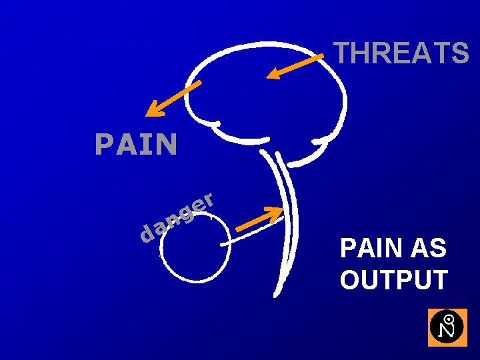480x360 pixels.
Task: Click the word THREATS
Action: click(x=401, y=53)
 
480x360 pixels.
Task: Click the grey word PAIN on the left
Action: click(x=136, y=144)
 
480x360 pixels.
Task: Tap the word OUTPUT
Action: click(x=393, y=280)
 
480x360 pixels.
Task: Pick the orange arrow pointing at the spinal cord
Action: click(x=261, y=219)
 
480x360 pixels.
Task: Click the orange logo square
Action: click(x=447, y=327)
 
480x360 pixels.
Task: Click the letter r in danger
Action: click(x=208, y=199)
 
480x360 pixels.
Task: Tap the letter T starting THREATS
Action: click(x=341, y=53)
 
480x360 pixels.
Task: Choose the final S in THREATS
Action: click(x=460, y=53)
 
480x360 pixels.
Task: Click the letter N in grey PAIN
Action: click(x=167, y=144)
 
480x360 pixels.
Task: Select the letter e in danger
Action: click(x=195, y=205)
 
